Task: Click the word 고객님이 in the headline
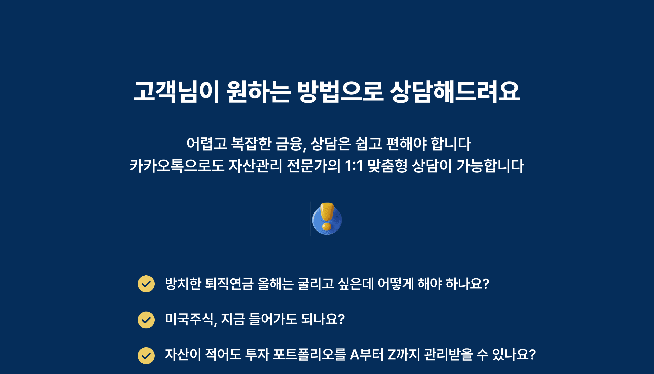click(x=176, y=92)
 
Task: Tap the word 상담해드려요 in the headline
click(x=455, y=92)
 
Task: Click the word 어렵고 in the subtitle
click(x=207, y=144)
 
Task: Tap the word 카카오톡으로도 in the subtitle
click(x=177, y=165)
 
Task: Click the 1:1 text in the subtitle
click(x=354, y=166)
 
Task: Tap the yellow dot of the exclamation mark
click(x=327, y=226)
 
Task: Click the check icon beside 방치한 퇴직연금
click(x=146, y=284)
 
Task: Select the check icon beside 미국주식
click(x=146, y=320)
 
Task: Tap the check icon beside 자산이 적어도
click(x=146, y=356)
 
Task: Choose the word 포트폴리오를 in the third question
click(x=309, y=355)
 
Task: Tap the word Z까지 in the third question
click(x=404, y=355)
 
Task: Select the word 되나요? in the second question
click(x=323, y=319)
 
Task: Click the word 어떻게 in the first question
click(x=396, y=284)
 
